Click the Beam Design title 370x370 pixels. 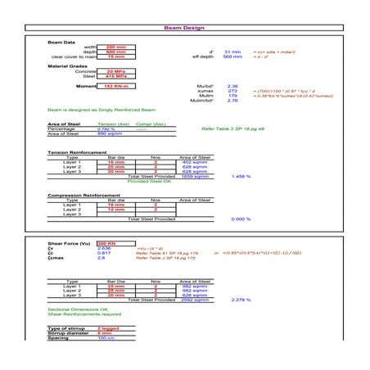184,29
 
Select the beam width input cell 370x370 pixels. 117,47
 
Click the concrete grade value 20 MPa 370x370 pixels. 117,71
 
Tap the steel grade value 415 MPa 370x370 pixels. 117,76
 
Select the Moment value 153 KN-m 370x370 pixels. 117,85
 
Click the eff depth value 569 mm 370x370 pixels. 232,56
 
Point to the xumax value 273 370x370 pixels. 232,90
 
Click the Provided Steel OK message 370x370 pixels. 150,181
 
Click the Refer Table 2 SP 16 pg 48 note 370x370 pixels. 232,129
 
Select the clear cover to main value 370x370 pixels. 117,56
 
